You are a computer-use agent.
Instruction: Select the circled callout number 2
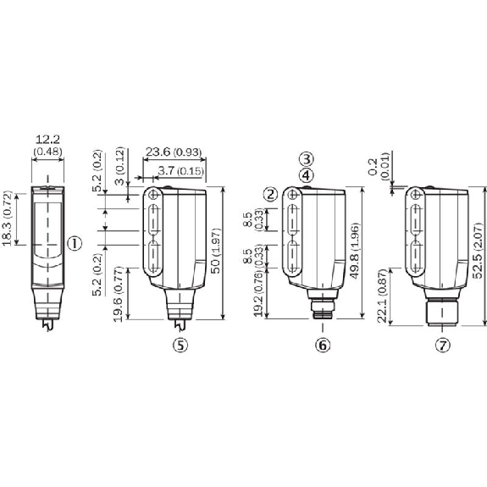[x=270, y=195]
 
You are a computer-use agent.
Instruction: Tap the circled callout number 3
[x=305, y=159]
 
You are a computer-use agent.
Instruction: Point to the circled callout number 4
[x=305, y=174]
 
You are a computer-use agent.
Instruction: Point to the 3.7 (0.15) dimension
[x=180, y=172]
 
